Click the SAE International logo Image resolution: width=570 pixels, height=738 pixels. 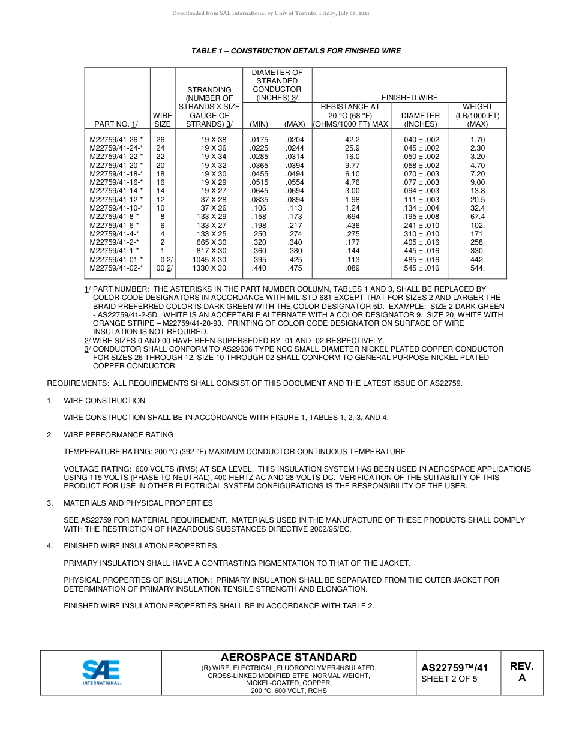click(102, 672)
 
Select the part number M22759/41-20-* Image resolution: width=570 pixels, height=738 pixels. click(116, 165)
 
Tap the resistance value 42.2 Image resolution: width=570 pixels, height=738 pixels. click(352, 139)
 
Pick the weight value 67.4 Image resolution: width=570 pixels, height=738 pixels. click(477, 217)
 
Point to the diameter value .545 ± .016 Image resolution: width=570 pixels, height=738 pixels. click(421, 268)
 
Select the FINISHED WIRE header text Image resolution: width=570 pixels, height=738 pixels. click(410, 97)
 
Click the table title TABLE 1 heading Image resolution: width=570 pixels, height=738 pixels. click(296, 51)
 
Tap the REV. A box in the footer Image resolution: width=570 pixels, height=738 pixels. click(521, 672)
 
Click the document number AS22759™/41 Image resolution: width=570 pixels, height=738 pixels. click(454, 668)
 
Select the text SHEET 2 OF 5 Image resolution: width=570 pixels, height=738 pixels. click(449, 679)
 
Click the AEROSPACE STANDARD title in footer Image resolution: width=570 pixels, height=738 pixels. click(289, 657)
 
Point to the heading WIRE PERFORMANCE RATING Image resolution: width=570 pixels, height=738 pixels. click(118, 434)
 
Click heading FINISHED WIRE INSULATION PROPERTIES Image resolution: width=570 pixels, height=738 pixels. click(140, 546)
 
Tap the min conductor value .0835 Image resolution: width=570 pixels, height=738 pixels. click(259, 199)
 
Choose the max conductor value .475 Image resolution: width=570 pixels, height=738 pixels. click(295, 268)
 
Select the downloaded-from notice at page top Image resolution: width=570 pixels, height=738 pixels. click(271, 13)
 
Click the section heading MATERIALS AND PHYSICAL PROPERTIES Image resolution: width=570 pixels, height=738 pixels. click(138, 503)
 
